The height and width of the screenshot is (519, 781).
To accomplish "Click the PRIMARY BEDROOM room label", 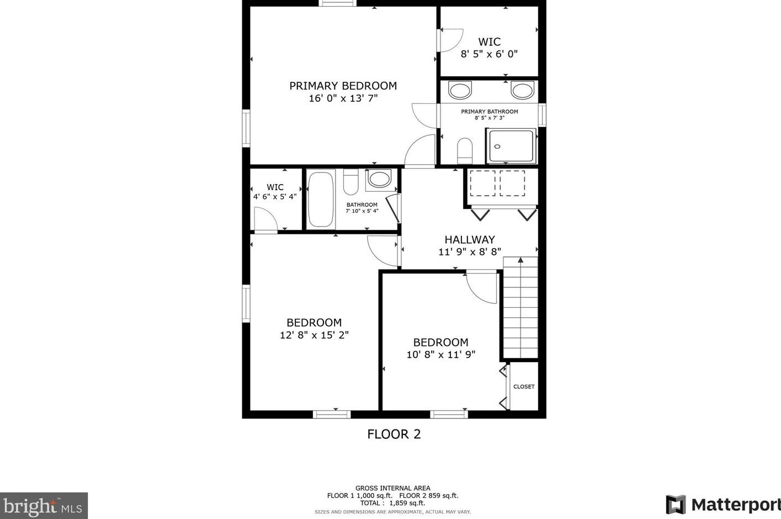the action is point(343,86).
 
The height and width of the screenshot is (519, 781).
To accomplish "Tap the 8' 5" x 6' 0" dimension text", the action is point(489,54).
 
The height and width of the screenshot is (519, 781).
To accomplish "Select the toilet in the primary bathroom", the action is point(465,151).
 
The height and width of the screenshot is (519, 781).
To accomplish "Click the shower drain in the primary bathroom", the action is point(497,146).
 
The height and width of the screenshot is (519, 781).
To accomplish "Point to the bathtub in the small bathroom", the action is point(321,199).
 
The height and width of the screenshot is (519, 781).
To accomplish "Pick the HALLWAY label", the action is point(470,239).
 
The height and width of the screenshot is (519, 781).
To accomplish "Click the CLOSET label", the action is point(524,387).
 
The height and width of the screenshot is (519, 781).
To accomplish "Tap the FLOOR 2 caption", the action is point(394,434).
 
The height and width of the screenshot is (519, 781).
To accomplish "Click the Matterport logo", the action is point(723,505).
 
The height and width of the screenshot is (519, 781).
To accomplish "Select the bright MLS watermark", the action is point(44,505).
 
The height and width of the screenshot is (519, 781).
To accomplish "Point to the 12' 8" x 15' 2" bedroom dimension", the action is point(314,335).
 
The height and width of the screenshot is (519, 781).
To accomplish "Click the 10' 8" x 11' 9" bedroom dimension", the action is point(441,355).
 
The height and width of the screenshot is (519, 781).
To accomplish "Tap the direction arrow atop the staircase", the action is point(520,260).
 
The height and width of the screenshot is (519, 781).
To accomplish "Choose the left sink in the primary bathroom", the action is point(460,90).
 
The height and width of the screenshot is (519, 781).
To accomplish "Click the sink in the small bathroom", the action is point(379,179).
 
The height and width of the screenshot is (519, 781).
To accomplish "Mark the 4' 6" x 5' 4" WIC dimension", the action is point(275,197).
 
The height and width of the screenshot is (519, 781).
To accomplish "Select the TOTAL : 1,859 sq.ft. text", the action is point(392,503).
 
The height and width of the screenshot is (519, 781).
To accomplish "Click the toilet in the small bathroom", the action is point(350,182).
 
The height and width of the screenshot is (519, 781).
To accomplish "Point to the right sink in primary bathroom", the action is point(522,90).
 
